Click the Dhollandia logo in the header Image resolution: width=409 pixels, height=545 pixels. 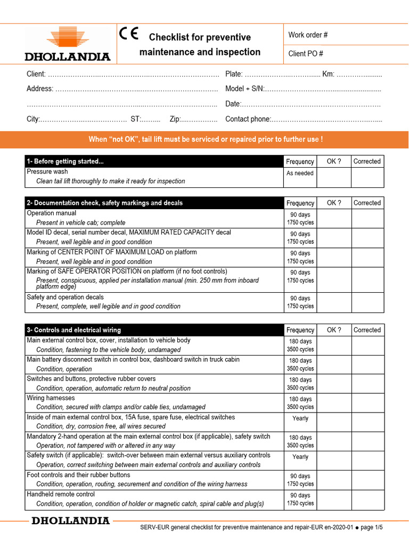pyautogui.click(x=68, y=45)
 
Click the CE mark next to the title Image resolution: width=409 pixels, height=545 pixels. pyautogui.click(x=129, y=35)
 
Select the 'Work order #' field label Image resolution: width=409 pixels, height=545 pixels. pyautogui.click(x=308, y=35)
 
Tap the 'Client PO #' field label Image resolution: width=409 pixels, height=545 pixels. pyautogui.click(x=306, y=54)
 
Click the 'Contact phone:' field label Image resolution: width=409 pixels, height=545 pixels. pyautogui.click(x=248, y=119)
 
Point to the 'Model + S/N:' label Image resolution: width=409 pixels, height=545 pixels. pyautogui.click(x=244, y=89)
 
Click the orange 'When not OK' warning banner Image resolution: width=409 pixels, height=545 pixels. pyautogui.click(x=204, y=139)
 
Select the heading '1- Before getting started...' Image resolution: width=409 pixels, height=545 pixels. pyautogui.click(x=66, y=162)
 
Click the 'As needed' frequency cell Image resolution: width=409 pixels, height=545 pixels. pyautogui.click(x=300, y=174)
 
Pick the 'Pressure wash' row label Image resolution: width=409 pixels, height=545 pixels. pyautogui.click(x=47, y=172)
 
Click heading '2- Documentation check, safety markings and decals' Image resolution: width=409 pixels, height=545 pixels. pyautogui.click(x=104, y=203)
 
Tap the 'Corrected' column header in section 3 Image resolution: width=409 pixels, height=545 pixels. pyautogui.click(x=367, y=330)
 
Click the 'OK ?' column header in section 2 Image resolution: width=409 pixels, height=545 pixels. pyautogui.click(x=334, y=203)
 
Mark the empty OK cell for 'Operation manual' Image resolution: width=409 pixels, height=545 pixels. pyautogui.click(x=334, y=218)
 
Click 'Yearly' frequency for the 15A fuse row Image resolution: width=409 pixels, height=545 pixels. pyautogui.click(x=300, y=418)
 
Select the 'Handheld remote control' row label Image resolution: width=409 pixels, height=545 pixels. pyautogui.click(x=61, y=494)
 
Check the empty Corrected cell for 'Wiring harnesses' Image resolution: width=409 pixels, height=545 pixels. pyautogui.click(x=367, y=403)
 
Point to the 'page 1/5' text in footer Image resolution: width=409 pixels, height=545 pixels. pyautogui.click(x=372, y=527)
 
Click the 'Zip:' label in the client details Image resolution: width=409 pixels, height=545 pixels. pyautogui.click(x=176, y=119)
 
